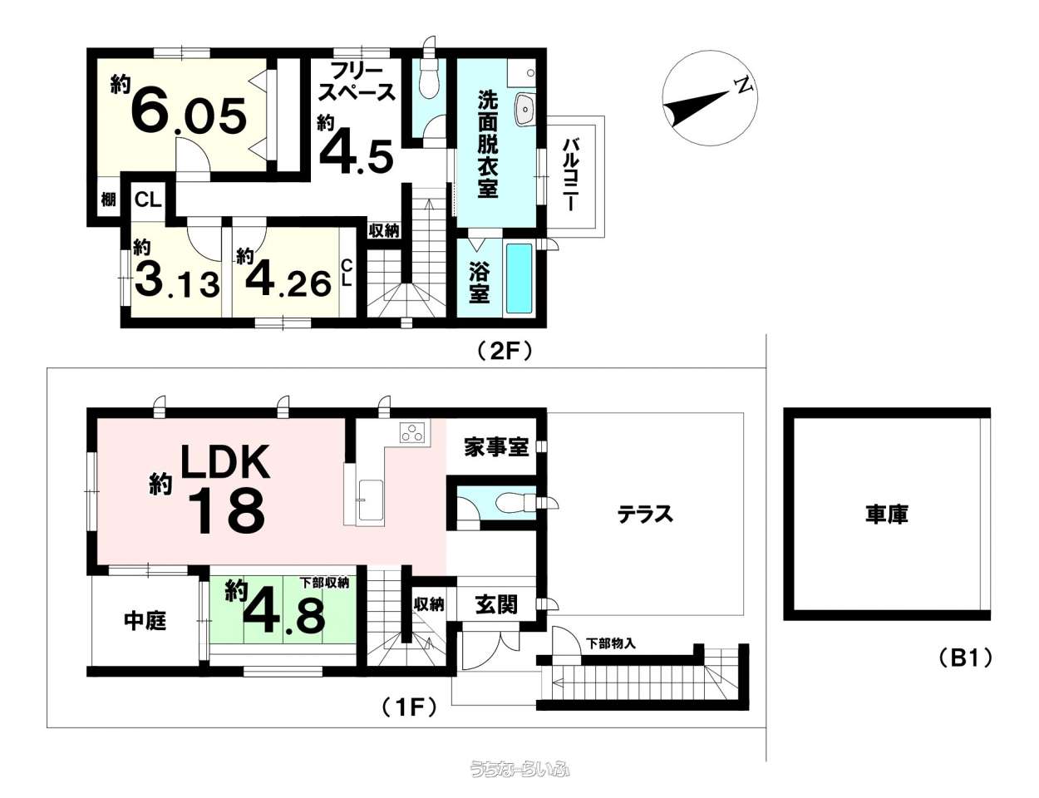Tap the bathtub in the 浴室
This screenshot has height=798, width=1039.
point(519,278)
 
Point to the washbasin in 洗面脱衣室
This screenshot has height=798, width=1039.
point(525,110)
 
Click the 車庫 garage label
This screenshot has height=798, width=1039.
point(885,514)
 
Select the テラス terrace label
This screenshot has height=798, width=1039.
point(645,515)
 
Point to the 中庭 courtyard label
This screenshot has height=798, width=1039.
point(145,621)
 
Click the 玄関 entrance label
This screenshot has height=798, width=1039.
point(496,605)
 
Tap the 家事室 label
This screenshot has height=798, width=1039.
point(496,447)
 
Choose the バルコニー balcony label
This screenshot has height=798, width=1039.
point(570,175)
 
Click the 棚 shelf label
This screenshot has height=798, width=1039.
point(109,199)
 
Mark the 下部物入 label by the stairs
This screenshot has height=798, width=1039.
point(611,644)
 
